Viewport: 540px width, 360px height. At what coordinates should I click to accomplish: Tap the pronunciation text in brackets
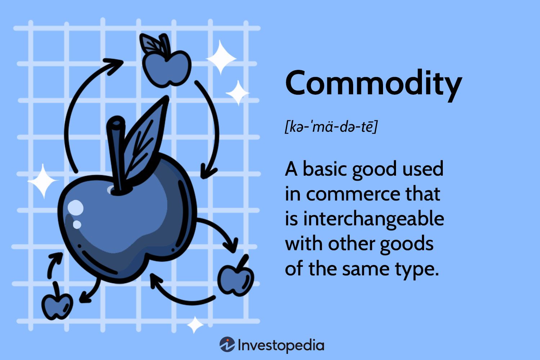pyautogui.click(x=331, y=126)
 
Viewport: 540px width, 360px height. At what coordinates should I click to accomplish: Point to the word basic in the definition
pyautogui.click(x=325, y=168)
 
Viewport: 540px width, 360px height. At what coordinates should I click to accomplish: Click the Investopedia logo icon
pyautogui.click(x=227, y=344)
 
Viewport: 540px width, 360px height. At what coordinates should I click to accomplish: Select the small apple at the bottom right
pyautogui.click(x=236, y=280)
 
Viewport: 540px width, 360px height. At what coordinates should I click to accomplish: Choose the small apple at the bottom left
pyautogui.click(x=57, y=306)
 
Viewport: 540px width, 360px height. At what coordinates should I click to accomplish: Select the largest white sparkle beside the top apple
pyautogui.click(x=221, y=57)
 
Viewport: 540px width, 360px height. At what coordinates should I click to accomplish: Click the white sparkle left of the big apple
pyautogui.click(x=43, y=181)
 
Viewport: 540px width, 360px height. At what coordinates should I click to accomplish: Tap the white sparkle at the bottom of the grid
pyautogui.click(x=195, y=325)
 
